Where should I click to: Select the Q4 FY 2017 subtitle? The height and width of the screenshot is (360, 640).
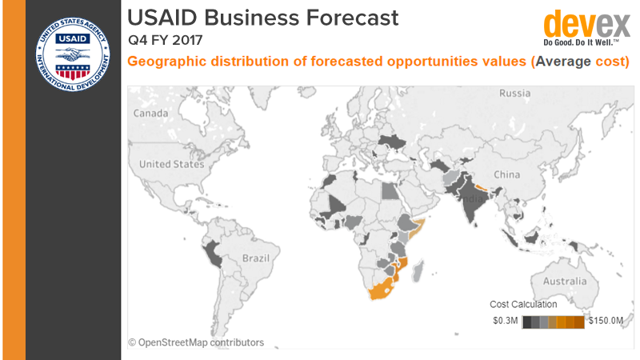[166, 38]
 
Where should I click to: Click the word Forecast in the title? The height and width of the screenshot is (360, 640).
[350, 16]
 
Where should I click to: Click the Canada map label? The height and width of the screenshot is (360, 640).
[150, 114]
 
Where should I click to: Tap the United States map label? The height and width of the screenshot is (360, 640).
[172, 164]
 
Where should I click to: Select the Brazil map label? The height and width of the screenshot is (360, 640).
[257, 259]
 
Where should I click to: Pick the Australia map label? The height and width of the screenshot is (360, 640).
[566, 282]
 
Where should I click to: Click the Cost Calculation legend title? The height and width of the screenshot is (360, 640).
[524, 304]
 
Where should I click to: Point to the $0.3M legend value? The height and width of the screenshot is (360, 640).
[506, 321]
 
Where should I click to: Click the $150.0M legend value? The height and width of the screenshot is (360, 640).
[606, 321]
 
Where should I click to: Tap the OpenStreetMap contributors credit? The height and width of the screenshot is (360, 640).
[196, 342]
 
